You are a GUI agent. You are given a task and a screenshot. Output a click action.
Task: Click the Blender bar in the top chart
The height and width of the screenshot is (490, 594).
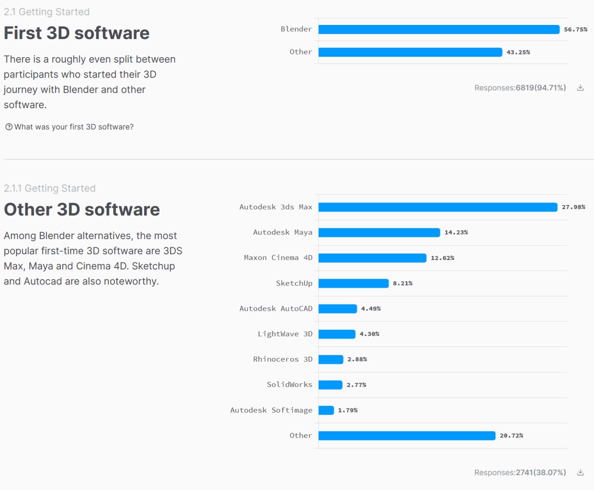point(439,29)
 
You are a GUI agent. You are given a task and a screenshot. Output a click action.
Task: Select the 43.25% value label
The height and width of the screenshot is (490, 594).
point(518,52)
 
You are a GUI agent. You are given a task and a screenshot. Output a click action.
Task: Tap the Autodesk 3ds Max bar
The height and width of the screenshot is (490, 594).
point(438,207)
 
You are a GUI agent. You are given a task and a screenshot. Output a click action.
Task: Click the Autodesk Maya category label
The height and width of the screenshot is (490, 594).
point(282,232)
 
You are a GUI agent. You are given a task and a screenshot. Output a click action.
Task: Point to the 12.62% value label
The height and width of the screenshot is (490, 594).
point(442,258)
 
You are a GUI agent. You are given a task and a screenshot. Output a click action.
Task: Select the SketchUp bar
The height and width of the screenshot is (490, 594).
point(353,284)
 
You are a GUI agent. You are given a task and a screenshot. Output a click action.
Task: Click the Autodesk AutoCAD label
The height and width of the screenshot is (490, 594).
point(276,309)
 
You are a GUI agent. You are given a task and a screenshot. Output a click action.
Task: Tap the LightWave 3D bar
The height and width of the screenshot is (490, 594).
point(336,334)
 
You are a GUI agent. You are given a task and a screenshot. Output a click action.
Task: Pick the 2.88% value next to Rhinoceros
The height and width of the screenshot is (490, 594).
point(357,359)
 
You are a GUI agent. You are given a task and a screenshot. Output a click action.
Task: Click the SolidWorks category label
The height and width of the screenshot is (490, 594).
point(289,385)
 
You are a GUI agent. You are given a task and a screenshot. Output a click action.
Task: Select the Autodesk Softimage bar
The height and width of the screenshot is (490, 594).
point(326,411)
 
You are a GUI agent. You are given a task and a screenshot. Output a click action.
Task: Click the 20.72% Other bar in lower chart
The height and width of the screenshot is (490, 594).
point(407,436)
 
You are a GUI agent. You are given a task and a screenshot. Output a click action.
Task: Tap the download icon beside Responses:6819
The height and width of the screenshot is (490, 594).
point(580,88)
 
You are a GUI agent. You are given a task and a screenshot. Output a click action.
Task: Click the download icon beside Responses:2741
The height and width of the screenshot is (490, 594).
point(580,473)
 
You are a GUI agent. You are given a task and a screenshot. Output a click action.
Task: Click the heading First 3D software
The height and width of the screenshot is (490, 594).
point(77,33)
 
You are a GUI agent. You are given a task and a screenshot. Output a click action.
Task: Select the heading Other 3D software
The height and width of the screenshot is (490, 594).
point(82,210)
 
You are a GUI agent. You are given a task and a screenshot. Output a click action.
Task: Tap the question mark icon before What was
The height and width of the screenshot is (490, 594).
point(9,127)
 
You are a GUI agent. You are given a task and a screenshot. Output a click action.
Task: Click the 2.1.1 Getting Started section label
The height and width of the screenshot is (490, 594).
point(49,188)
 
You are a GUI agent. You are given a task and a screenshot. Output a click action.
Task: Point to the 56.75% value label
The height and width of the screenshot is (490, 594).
point(575,29)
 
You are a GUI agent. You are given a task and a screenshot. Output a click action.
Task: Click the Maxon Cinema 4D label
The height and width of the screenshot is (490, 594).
point(278,258)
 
